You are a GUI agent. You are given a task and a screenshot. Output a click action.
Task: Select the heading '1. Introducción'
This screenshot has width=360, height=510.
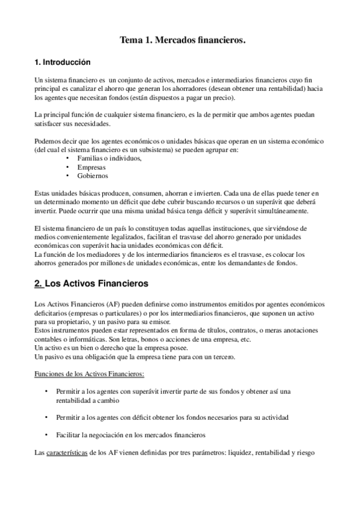coord(63,62)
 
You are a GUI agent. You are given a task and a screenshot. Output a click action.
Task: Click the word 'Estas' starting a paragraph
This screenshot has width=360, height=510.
coord(43,195)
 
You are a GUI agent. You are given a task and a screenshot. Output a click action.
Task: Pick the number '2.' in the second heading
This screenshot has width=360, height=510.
coord(39,282)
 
